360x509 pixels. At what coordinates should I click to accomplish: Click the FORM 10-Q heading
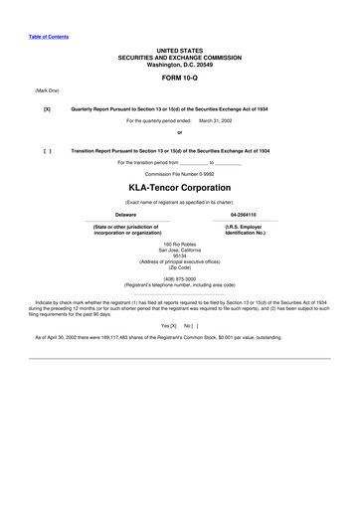180,76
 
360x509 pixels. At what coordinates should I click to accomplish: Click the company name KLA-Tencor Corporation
180,187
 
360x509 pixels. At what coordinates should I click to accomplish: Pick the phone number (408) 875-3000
180,278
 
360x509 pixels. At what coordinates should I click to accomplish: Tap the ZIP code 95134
180,254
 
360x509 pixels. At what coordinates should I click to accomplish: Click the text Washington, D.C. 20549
180,62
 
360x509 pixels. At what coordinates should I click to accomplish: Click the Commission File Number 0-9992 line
180,172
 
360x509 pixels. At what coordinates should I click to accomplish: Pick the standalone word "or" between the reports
180,132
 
